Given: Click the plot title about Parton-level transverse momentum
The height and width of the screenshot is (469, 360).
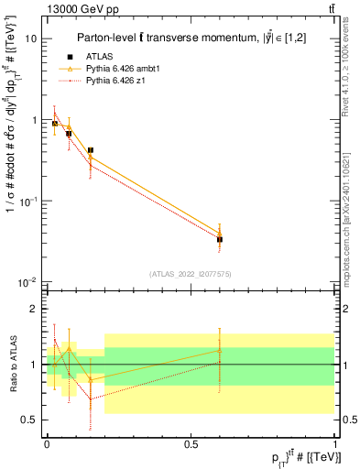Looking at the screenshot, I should pos(196,38).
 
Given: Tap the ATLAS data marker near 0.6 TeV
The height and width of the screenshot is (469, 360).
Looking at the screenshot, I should pos(220,239).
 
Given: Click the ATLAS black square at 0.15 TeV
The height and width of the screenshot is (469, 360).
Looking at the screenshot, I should pos(90,150).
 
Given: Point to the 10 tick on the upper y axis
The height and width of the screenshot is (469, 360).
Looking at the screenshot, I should pos(31,39).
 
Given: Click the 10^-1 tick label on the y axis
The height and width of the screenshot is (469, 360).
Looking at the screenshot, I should pos(27,201).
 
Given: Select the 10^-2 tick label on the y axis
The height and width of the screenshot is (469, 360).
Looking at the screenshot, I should pos(27,281).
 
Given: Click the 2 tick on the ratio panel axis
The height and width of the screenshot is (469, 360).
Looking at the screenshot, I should pos(35,310).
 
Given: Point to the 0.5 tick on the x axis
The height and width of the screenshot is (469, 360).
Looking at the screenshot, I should pos(191,442).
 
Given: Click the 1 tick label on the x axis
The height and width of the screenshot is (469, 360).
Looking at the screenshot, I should pos(334,442).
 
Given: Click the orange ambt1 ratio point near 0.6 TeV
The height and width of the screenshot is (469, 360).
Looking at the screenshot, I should pos(220,350).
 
